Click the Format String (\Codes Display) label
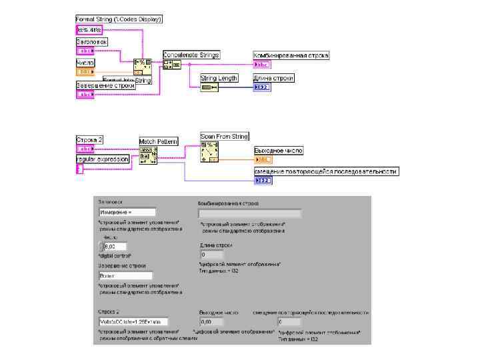119,19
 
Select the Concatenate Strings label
191,55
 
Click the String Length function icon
209,87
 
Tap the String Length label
219,78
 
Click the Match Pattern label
159,141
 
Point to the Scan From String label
225,137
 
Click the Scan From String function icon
210,152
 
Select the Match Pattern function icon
149,155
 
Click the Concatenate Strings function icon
171,65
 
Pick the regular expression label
103,159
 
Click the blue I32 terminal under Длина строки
261,87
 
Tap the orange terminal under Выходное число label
263,160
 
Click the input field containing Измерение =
127,212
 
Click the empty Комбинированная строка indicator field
249,214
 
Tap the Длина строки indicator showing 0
212,255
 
